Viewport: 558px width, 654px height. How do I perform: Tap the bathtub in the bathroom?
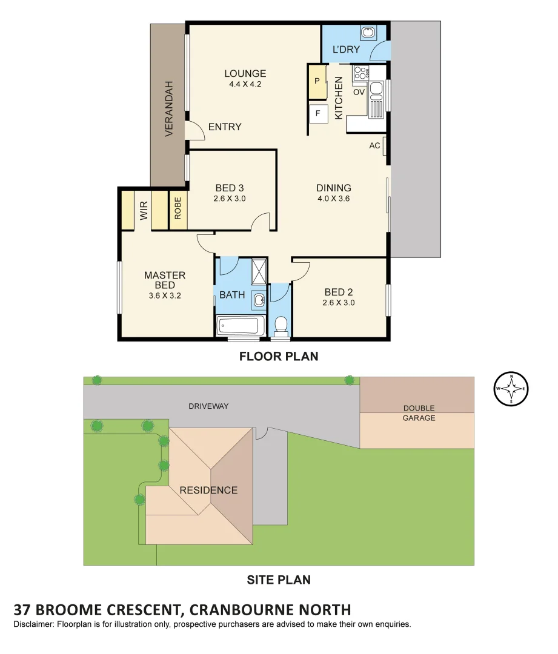coord(241,326)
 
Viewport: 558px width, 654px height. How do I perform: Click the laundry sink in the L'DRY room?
coord(368,32)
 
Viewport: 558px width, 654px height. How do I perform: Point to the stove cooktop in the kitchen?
coord(360,73)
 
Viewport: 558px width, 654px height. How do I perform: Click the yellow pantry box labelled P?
coord(317,82)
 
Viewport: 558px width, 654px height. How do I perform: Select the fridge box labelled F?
coord(317,113)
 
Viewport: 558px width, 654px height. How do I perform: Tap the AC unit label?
coord(374,146)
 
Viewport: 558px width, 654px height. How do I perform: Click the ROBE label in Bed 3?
coord(178,210)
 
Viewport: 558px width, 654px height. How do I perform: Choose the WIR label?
coord(144,210)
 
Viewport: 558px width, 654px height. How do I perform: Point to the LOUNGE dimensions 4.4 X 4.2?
coord(245,85)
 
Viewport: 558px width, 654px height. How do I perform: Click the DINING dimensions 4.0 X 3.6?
coord(333,198)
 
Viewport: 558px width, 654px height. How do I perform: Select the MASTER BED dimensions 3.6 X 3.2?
coord(165,296)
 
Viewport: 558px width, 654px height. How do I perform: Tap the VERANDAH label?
coord(169,108)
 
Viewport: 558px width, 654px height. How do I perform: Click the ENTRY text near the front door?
coord(225,127)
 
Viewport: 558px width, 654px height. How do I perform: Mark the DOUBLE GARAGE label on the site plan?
coord(419,413)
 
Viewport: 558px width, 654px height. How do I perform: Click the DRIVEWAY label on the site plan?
coord(208,406)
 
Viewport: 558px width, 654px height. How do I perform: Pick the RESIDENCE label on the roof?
coord(208,490)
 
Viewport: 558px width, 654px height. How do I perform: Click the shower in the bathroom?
coord(258,270)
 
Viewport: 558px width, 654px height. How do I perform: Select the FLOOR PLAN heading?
coord(278,356)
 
